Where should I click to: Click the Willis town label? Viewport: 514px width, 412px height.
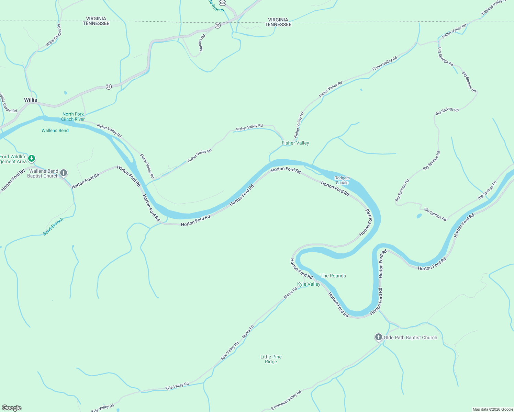coord(31,100)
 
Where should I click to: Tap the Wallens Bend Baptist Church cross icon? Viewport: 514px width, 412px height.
coord(64,173)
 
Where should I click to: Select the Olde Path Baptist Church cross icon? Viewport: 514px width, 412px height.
coord(378,337)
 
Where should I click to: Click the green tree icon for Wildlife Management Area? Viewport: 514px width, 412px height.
coord(32,158)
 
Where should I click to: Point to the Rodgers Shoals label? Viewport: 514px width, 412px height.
coord(342,180)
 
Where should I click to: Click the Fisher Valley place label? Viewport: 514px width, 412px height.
coord(295,143)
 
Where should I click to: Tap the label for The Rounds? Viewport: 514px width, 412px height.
coord(333,276)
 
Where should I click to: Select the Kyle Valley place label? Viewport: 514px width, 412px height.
coord(309,284)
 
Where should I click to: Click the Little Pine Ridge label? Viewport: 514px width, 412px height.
coord(271,359)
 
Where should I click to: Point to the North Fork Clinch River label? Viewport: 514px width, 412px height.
coord(73,116)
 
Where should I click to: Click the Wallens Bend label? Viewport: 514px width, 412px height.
coord(55,130)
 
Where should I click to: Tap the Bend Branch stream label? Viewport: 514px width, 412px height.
coord(53,227)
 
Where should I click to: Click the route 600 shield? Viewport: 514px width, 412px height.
coord(222,3)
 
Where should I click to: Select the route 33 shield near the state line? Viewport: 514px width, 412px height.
coord(217,26)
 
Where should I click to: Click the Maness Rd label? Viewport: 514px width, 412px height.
coord(202,43)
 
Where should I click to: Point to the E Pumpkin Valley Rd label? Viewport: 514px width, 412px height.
coord(286,400)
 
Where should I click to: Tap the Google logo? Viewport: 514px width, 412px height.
coord(12,408)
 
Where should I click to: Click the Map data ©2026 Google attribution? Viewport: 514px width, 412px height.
coord(492,409)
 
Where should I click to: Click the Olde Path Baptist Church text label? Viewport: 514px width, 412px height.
coord(410,337)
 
